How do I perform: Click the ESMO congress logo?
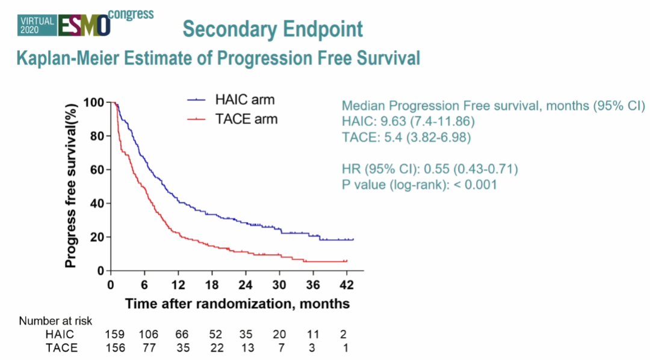tap(85, 22)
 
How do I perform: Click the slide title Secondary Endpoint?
tap(273, 29)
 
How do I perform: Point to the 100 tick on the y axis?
tap(94, 102)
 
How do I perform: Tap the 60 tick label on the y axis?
tap(97, 170)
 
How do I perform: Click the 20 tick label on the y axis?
tap(97, 237)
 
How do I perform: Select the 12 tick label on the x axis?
tap(177, 284)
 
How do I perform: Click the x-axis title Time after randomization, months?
tap(237, 303)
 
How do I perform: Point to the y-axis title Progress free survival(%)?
tap(71, 184)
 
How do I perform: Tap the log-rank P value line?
tap(419, 185)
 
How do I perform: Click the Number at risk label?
tap(56, 321)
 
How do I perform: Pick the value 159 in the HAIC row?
tap(114, 335)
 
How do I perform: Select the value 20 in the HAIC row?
tap(278, 335)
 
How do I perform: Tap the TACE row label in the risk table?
tap(61, 347)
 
